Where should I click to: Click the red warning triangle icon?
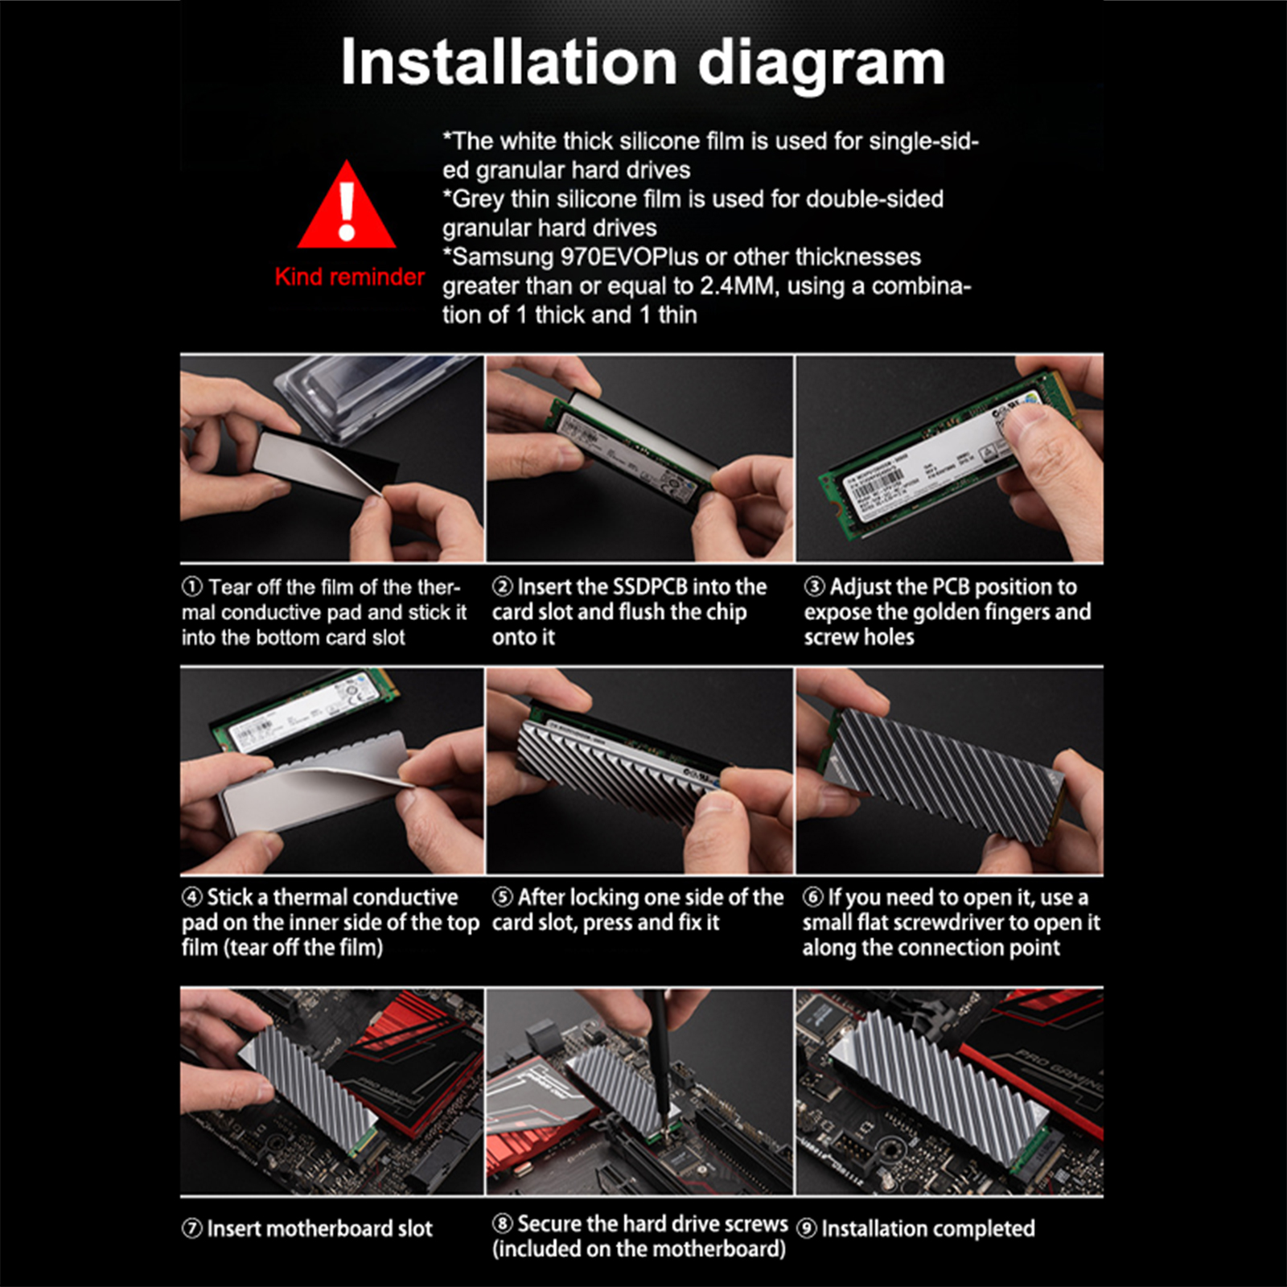click(x=347, y=205)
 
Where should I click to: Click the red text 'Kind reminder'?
click(x=350, y=277)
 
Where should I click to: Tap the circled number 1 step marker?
click(x=192, y=587)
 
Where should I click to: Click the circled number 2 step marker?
click(x=503, y=587)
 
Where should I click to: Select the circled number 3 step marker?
click(x=814, y=587)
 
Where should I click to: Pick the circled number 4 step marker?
click(x=192, y=897)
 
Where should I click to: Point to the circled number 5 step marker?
click(x=503, y=897)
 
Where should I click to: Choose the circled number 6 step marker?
click(x=813, y=897)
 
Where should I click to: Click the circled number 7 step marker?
click(x=192, y=1228)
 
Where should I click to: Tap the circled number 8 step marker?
click(x=503, y=1223)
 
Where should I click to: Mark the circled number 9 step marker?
click(x=807, y=1228)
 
